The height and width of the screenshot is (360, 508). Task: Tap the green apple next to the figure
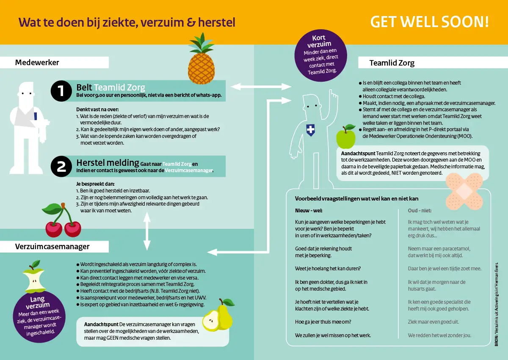[x=346, y=136]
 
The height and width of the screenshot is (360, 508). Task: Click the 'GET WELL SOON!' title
[x=429, y=22]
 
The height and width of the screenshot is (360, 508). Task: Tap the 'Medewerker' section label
[x=37, y=63]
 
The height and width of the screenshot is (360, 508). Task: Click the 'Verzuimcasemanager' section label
[x=52, y=246]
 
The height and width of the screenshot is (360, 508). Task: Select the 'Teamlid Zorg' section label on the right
[x=392, y=63]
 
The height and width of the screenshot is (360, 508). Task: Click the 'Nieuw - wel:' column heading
[x=309, y=210]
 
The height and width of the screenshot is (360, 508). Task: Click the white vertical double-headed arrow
[x=147, y=231]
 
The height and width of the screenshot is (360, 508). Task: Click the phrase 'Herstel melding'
[x=108, y=162]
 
